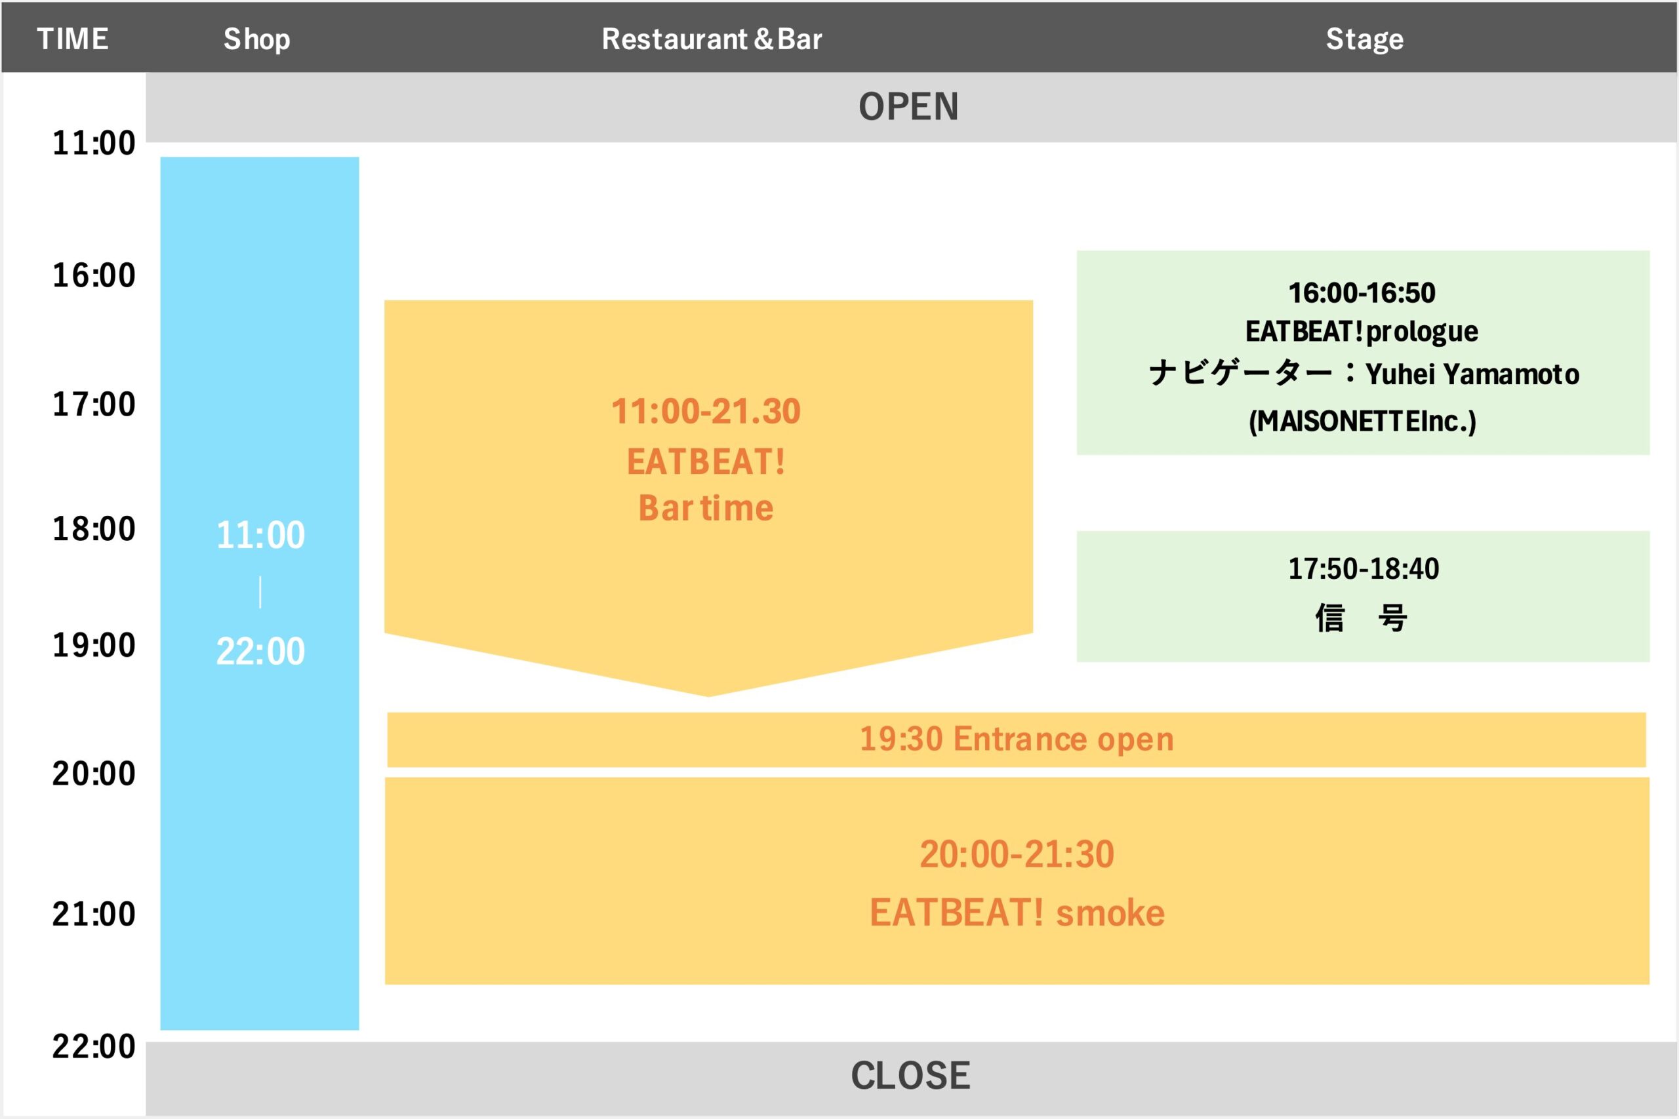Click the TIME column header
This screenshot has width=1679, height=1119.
click(73, 39)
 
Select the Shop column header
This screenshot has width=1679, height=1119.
click(257, 39)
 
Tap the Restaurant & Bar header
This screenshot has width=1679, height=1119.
click(712, 39)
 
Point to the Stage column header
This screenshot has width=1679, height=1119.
click(1365, 39)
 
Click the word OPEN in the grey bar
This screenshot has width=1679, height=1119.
click(908, 107)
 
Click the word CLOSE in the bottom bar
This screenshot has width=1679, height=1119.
click(910, 1076)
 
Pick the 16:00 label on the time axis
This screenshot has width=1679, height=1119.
click(94, 275)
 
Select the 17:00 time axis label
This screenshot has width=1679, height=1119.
click(94, 404)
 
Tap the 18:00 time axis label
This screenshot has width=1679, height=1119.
click(94, 530)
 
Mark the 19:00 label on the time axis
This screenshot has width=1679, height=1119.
click(94, 645)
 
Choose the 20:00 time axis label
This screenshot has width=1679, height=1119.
click(94, 774)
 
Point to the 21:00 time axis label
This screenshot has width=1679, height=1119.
click(94, 914)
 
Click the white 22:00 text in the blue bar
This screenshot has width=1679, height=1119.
click(260, 652)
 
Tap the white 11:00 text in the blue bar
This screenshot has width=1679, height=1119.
click(260, 535)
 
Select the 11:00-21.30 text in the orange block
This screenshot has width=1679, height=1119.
click(706, 412)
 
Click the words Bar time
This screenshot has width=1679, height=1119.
click(706, 508)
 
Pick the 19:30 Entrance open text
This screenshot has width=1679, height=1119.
click(1017, 739)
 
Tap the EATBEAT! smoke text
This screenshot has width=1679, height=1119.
click(1017, 913)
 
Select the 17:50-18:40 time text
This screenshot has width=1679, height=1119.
click(1364, 569)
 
